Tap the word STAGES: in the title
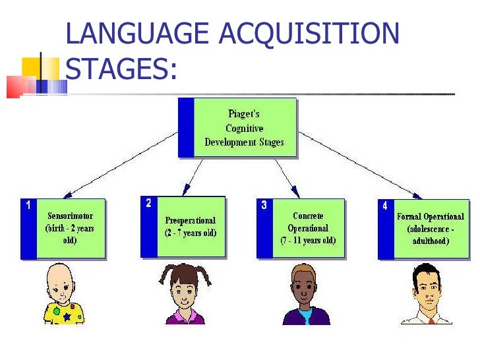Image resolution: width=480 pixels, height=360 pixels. coord(123,69)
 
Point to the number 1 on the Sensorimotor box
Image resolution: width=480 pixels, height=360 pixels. coord(28,205)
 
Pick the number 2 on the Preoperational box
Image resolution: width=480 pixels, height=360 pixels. coord(148,203)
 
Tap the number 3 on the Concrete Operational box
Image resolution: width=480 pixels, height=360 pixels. coord(264,205)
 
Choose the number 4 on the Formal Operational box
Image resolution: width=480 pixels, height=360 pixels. coord(384,206)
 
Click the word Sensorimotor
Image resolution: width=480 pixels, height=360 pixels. coord(71,216)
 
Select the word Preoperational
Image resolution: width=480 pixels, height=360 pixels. coord(191,220)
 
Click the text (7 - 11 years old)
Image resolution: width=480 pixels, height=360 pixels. coord(308,241)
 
